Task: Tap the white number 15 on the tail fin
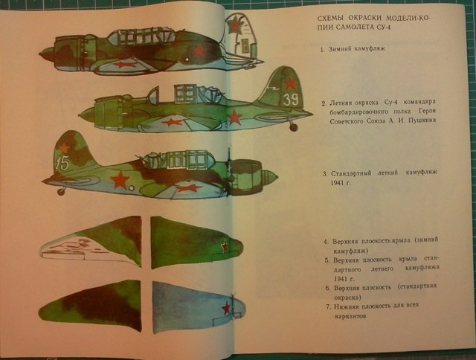(62, 164)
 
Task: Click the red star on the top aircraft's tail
(235, 27)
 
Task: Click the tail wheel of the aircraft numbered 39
(293, 126)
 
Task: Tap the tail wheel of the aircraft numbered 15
(61, 191)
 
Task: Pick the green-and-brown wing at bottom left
(89, 307)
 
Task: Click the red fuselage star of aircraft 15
(119, 179)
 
